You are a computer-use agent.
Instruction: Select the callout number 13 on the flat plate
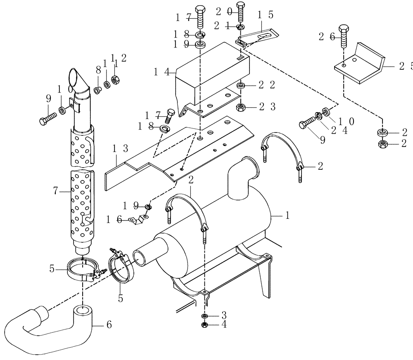pyautogui.click(x=117, y=148)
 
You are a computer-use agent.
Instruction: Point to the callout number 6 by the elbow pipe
pyautogui.click(x=109, y=325)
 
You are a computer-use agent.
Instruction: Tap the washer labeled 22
pyautogui.click(x=241, y=85)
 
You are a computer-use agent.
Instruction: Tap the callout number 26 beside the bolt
pyautogui.click(x=325, y=37)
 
